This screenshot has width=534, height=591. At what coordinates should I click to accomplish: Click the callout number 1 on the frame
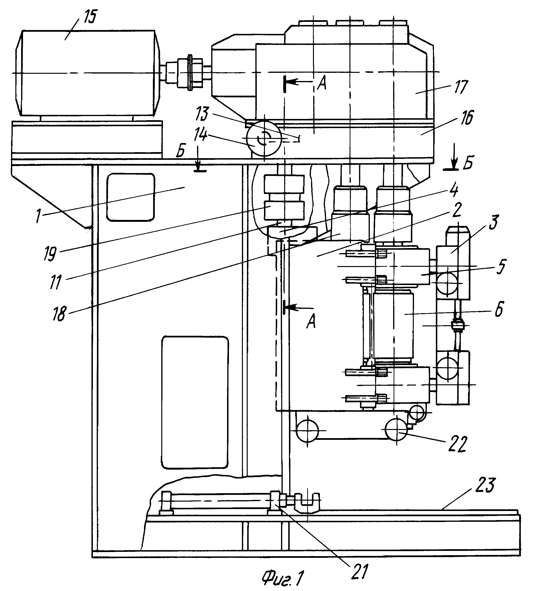(x=38, y=216)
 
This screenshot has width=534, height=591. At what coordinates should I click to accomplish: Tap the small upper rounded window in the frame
(x=131, y=197)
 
